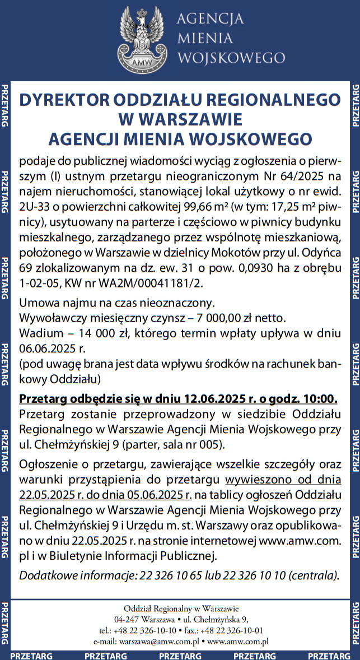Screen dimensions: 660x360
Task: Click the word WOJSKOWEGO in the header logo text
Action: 230,57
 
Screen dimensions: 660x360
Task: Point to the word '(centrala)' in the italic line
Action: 314,575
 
